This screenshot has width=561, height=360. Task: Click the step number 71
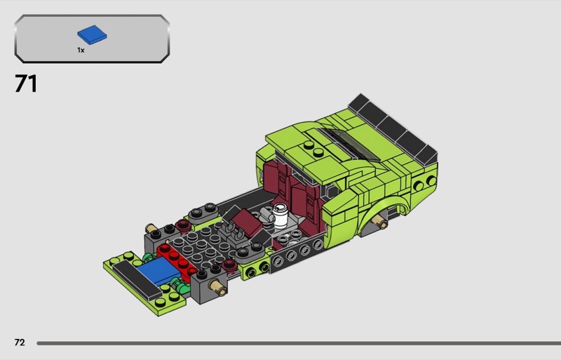[x=26, y=84]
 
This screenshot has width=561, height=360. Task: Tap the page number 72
[x=20, y=342]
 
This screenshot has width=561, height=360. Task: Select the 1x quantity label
[x=81, y=50]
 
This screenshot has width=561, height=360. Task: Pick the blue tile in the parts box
[x=92, y=35]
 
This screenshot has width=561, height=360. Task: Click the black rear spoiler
[x=393, y=129]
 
